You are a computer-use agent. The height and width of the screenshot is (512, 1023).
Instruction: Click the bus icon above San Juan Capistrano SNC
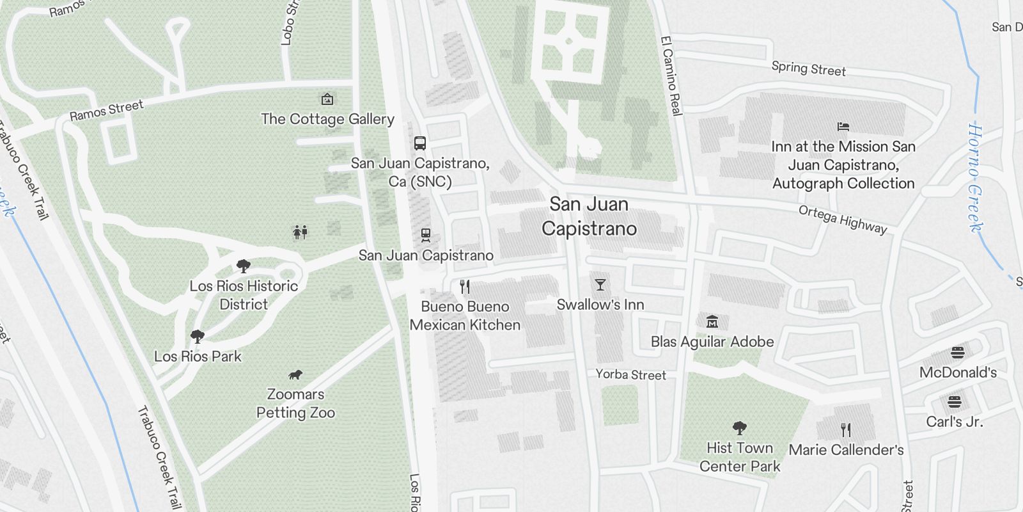pyautogui.click(x=419, y=143)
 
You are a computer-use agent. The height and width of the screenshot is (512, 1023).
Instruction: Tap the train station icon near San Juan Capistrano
pyautogui.click(x=426, y=236)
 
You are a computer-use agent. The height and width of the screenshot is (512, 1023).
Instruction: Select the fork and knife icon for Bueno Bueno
pyautogui.click(x=465, y=287)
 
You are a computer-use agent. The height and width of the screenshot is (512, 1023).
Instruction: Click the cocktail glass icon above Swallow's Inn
pyautogui.click(x=600, y=285)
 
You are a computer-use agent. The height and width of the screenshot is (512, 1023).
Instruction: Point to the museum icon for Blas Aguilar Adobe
pyautogui.click(x=712, y=321)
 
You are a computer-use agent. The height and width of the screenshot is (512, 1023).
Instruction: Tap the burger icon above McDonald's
pyautogui.click(x=957, y=352)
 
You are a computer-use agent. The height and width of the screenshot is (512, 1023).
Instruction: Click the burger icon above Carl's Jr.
pyautogui.click(x=954, y=402)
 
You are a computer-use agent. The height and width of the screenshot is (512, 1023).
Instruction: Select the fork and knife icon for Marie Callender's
pyautogui.click(x=846, y=429)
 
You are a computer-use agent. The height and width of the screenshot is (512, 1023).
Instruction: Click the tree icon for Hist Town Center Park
pyautogui.click(x=740, y=428)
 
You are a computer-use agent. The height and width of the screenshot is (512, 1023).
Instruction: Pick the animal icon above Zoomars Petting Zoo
pyautogui.click(x=295, y=374)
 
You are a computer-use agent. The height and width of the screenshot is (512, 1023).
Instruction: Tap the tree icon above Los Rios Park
pyautogui.click(x=198, y=336)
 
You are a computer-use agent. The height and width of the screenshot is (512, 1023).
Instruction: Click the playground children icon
pyautogui.click(x=301, y=232)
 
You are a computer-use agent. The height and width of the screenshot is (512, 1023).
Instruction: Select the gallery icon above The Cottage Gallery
pyautogui.click(x=327, y=99)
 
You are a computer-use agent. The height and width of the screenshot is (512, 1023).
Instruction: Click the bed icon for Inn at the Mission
pyautogui.click(x=843, y=127)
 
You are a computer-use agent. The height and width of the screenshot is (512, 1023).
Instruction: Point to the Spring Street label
pyautogui.click(x=808, y=68)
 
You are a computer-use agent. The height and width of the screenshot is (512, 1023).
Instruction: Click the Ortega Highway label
pyautogui.click(x=843, y=220)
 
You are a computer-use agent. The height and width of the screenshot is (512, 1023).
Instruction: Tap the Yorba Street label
pyautogui.click(x=630, y=374)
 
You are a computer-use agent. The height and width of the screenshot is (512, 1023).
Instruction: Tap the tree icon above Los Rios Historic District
pyautogui.click(x=243, y=266)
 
